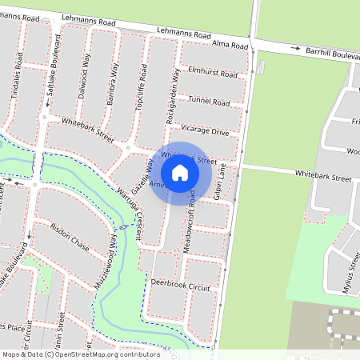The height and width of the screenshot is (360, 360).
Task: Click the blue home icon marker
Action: (180, 172)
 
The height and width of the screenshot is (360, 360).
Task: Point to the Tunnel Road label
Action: (209, 102)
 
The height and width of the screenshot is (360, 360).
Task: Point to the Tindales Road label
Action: (17, 74)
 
